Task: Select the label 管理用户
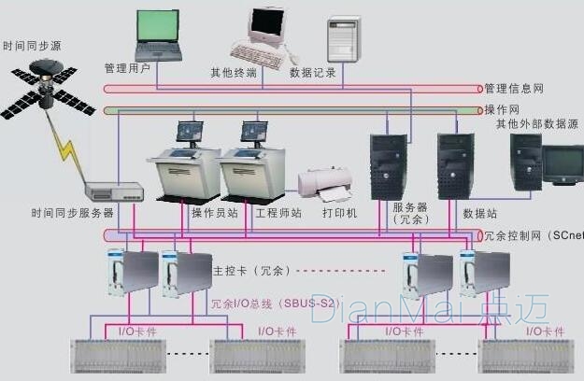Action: (x=126, y=69)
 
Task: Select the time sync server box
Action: (x=113, y=191)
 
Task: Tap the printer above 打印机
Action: (x=326, y=184)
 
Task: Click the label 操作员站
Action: (x=214, y=213)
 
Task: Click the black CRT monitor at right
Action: (x=563, y=165)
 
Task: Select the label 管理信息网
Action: (x=514, y=89)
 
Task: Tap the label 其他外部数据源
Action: (x=539, y=123)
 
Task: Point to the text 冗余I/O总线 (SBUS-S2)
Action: (x=273, y=303)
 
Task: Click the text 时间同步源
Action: (x=34, y=45)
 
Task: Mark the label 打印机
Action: (x=339, y=213)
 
